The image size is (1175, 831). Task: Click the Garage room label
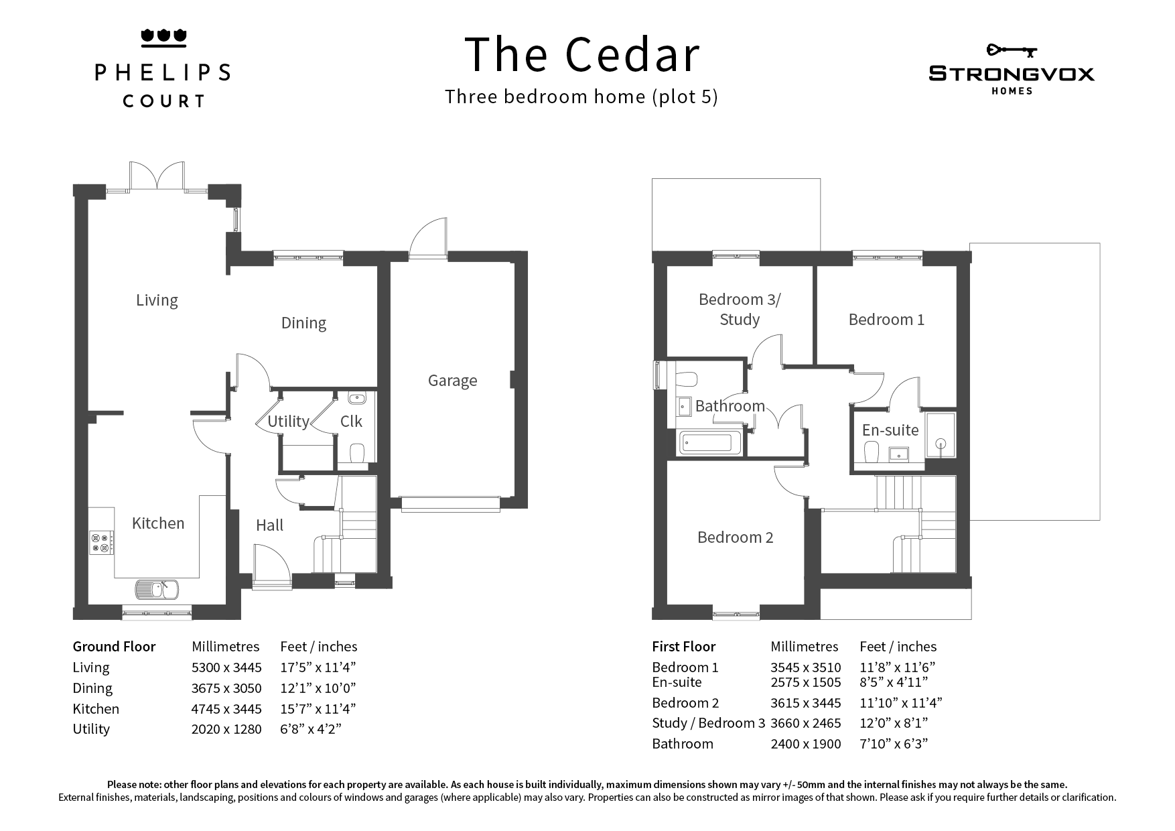(453, 381)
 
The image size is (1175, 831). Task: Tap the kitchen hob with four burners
(102, 543)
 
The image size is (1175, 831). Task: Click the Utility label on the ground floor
(288, 421)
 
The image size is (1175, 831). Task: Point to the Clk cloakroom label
(351, 421)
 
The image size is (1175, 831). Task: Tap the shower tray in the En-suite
(941, 435)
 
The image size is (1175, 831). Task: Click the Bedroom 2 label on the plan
(735, 537)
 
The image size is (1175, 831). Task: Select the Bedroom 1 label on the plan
(886, 320)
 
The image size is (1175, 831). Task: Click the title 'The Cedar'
(582, 54)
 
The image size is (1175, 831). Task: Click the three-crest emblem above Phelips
(163, 38)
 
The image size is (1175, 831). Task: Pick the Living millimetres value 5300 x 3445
(226, 667)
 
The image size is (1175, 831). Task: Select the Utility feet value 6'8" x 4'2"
(311, 729)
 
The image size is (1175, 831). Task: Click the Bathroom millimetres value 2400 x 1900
(806, 744)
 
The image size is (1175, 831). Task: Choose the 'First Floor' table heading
(683, 647)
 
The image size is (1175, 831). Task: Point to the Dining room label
(303, 323)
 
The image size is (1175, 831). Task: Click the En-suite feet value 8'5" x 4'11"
(894, 683)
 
